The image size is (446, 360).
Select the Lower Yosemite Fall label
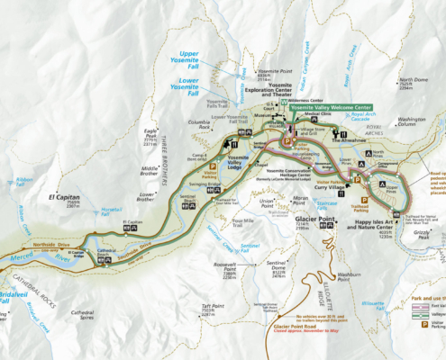[202, 85]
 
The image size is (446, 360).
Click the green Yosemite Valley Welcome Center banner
[331, 105]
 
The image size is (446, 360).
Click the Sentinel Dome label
[280, 263]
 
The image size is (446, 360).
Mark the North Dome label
[414, 81]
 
